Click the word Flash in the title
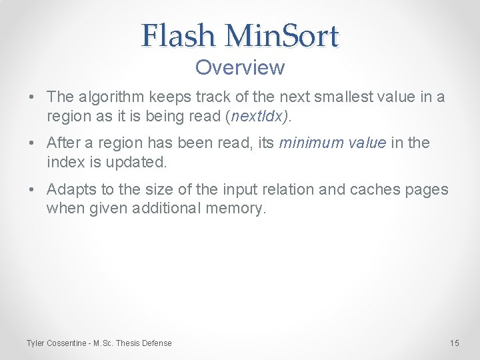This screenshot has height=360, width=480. [x=179, y=36]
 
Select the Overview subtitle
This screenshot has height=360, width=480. [x=240, y=67]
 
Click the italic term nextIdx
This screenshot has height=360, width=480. [x=258, y=117]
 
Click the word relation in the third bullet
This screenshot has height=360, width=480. [x=289, y=189]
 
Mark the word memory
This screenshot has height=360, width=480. [x=235, y=209]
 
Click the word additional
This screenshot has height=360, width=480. [x=167, y=209]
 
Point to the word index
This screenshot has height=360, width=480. [x=64, y=162]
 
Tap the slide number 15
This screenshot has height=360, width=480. [x=455, y=343]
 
